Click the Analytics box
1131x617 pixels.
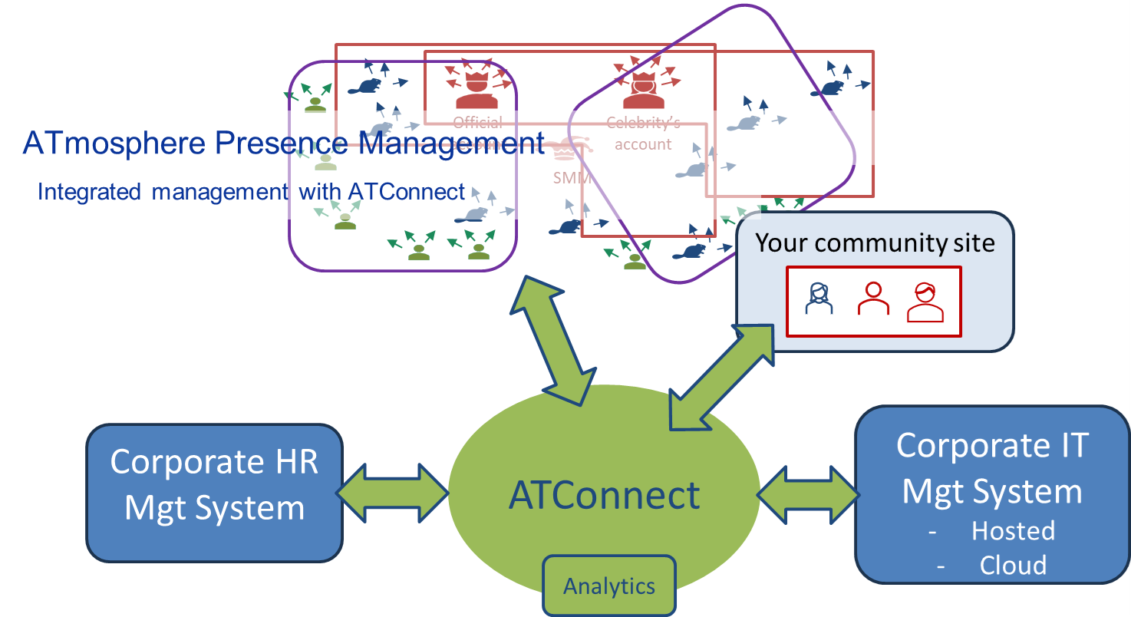(609, 586)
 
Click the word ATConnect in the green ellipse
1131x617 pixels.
(604, 495)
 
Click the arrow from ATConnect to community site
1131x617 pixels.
(722, 375)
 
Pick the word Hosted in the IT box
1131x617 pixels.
(1013, 531)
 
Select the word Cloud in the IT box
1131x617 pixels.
(1013, 566)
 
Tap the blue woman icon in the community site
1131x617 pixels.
(819, 298)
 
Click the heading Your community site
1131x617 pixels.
(875, 243)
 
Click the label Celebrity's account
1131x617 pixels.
(643, 134)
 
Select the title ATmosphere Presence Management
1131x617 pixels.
(284, 144)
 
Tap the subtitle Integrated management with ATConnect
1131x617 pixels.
(251, 191)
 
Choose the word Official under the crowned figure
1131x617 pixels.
(477, 122)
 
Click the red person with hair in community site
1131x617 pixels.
(925, 302)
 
